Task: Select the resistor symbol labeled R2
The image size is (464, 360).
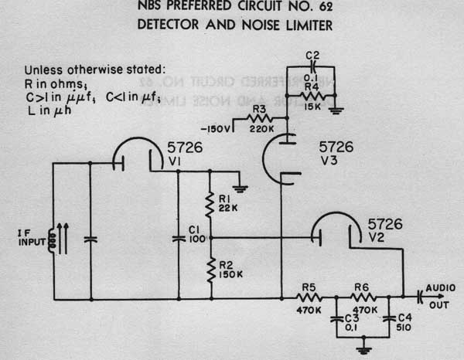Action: click(210, 270)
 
